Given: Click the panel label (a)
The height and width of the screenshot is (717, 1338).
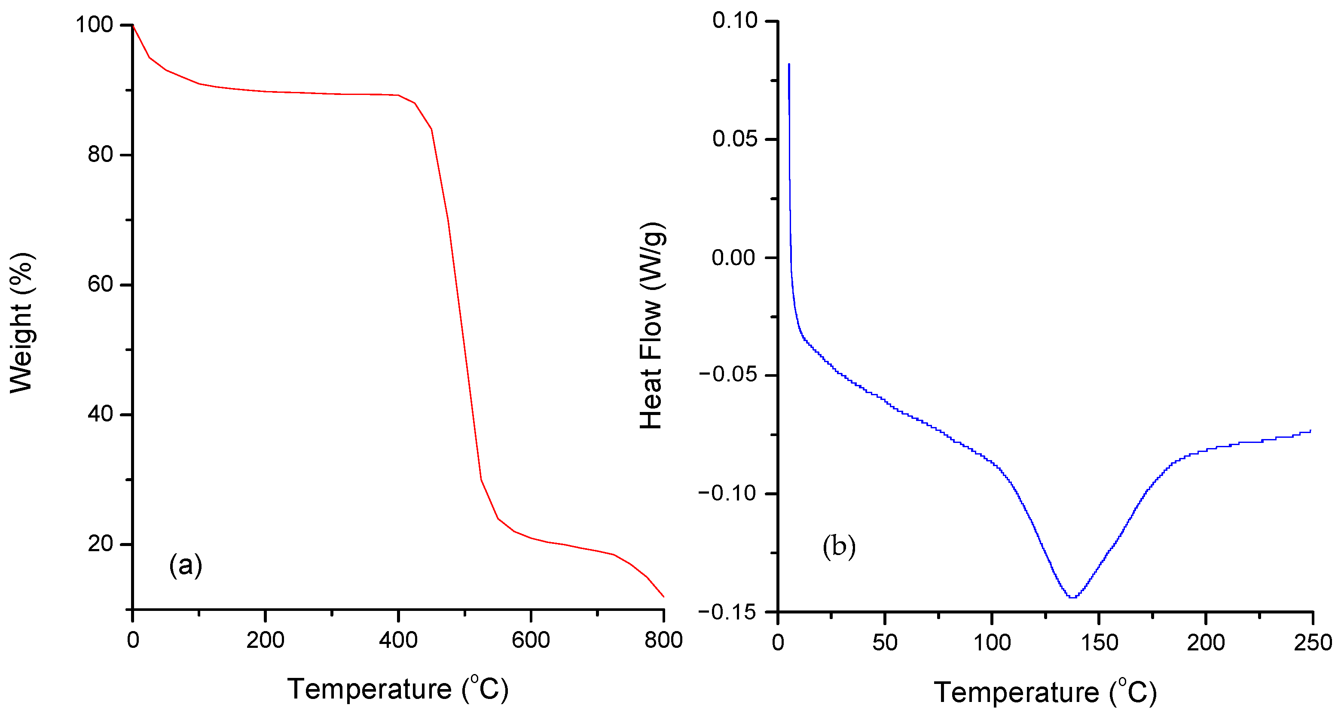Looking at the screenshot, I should click(186, 565).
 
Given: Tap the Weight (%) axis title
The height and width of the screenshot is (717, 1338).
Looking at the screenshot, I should click(22, 323).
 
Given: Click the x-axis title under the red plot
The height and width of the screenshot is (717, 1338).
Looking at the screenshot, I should click(398, 690).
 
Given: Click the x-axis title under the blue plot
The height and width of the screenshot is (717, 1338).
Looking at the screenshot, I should click(1045, 693).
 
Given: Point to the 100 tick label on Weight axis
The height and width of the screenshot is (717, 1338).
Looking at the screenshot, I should click(95, 24).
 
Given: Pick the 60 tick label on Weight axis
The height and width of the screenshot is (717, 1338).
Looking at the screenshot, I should click(100, 284).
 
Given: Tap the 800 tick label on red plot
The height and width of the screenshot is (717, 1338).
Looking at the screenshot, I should click(663, 640).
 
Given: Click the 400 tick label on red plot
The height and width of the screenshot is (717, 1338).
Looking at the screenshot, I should click(398, 640).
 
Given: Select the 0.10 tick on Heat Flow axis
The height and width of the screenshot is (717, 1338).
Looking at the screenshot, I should click(735, 21).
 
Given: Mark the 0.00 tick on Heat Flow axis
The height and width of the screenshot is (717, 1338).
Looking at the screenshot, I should click(734, 257).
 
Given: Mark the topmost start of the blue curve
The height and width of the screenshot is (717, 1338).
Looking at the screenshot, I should click(789, 64).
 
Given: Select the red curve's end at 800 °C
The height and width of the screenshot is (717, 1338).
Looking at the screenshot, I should click(663, 597).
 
